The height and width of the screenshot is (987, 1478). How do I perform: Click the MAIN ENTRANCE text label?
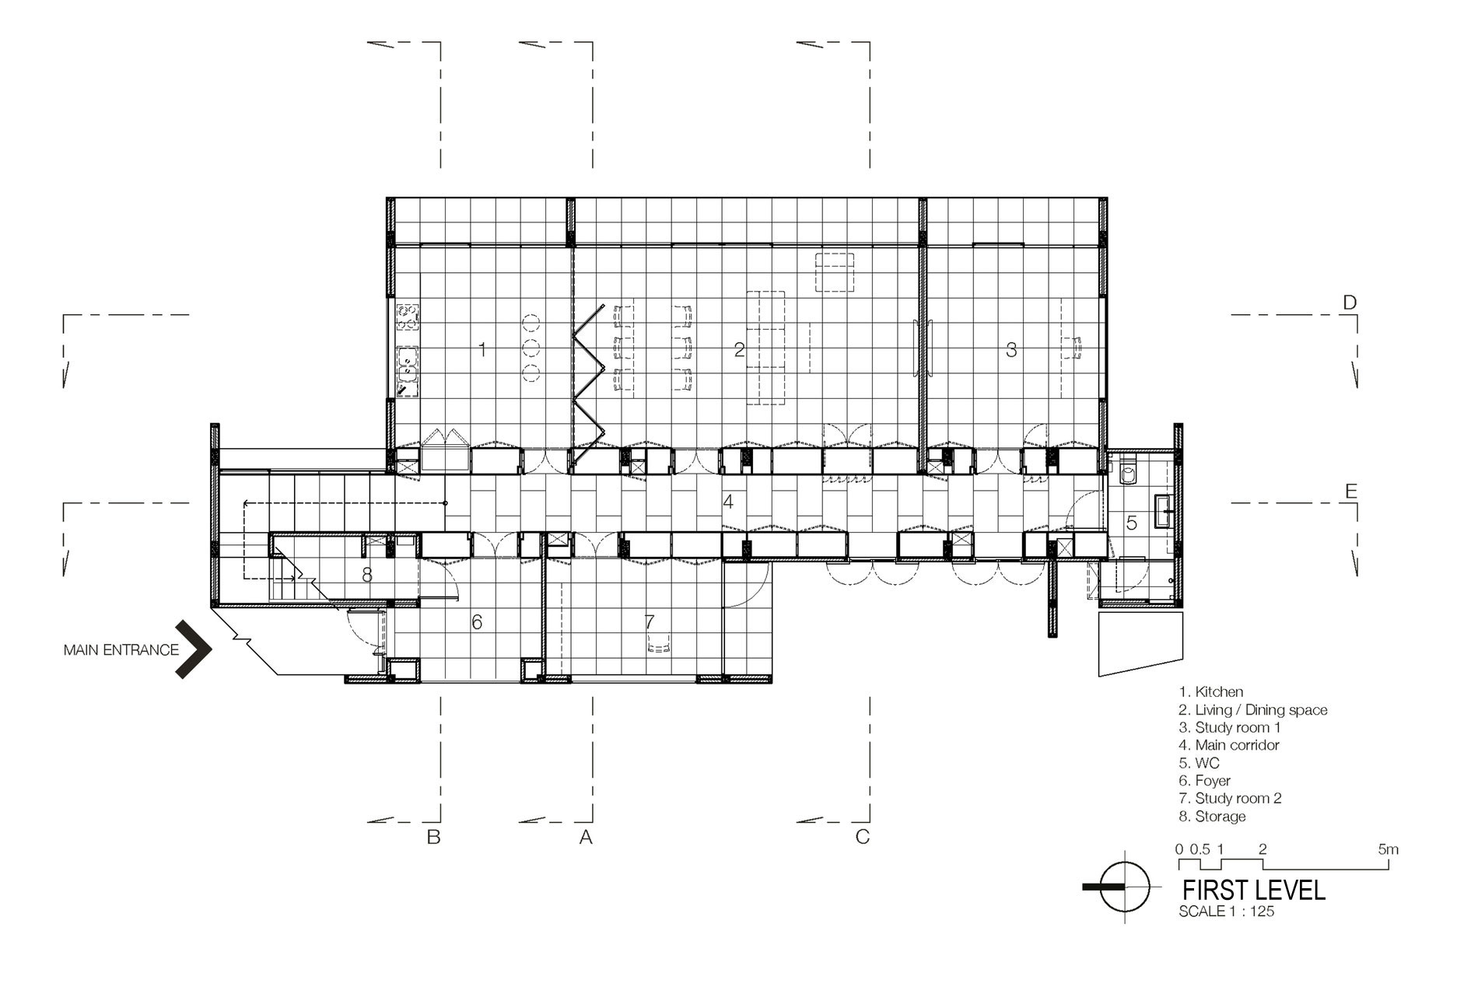pyautogui.click(x=121, y=649)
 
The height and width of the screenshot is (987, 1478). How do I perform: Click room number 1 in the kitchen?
pyautogui.click(x=482, y=350)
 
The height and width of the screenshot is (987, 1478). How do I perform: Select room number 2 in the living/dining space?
pyautogui.click(x=739, y=350)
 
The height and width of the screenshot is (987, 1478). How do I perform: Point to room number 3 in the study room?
pyautogui.click(x=1011, y=350)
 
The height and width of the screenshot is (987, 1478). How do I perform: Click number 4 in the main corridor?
pyautogui.click(x=728, y=502)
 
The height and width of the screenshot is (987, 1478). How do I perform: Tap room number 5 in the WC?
pyautogui.click(x=1132, y=523)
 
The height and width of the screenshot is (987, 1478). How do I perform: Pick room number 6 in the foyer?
pyautogui.click(x=477, y=621)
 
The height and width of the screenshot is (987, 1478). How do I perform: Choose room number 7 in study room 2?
pyautogui.click(x=650, y=621)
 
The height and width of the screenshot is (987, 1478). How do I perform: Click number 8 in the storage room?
pyautogui.click(x=368, y=575)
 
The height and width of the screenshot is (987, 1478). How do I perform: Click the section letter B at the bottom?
pyautogui.click(x=434, y=837)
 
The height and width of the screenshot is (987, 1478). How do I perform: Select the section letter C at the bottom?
pyautogui.click(x=862, y=837)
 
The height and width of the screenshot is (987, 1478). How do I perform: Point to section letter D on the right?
pyautogui.click(x=1350, y=302)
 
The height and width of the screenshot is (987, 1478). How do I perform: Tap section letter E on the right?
pyautogui.click(x=1350, y=491)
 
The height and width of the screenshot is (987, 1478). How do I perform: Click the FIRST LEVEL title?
pyautogui.click(x=1254, y=890)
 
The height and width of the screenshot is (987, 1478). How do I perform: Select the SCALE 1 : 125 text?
pyautogui.click(x=1227, y=912)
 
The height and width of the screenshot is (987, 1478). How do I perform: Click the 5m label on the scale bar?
pyautogui.click(x=1388, y=849)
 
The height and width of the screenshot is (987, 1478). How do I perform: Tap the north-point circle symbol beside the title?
pyautogui.click(x=1125, y=887)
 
